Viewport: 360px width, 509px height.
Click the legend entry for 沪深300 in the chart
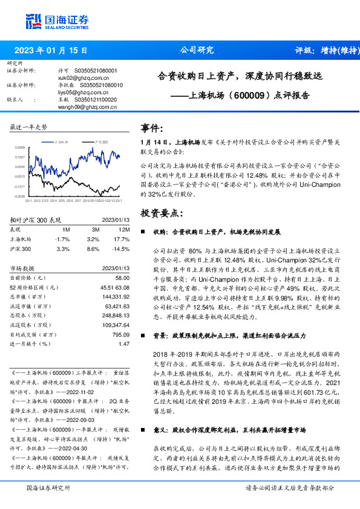99,141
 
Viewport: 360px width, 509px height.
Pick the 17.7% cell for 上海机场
122,239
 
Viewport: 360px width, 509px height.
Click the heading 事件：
152,128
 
